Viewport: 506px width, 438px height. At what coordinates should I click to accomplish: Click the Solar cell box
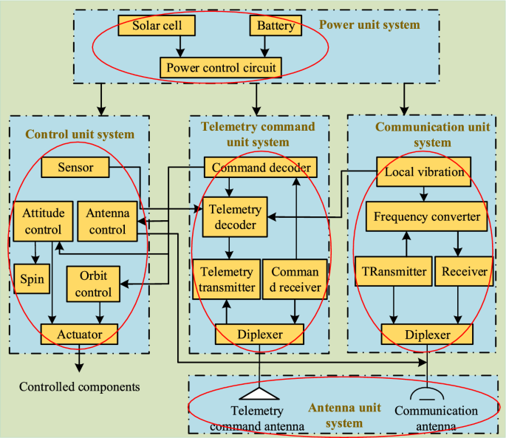(x=163, y=27)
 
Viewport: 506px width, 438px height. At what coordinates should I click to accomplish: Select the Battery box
(x=276, y=27)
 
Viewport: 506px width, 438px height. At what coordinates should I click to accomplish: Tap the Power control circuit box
(x=221, y=69)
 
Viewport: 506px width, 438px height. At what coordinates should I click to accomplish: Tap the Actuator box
(x=80, y=335)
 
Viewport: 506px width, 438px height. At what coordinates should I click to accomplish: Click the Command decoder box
(x=261, y=168)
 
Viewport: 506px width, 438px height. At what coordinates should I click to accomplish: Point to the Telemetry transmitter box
(x=226, y=279)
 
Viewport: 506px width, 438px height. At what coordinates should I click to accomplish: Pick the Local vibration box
(x=424, y=172)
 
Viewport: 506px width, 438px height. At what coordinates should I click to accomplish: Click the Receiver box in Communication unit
(x=464, y=271)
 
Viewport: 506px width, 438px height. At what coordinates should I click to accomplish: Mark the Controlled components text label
(x=79, y=386)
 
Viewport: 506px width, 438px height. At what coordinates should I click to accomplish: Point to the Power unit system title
(x=369, y=25)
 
